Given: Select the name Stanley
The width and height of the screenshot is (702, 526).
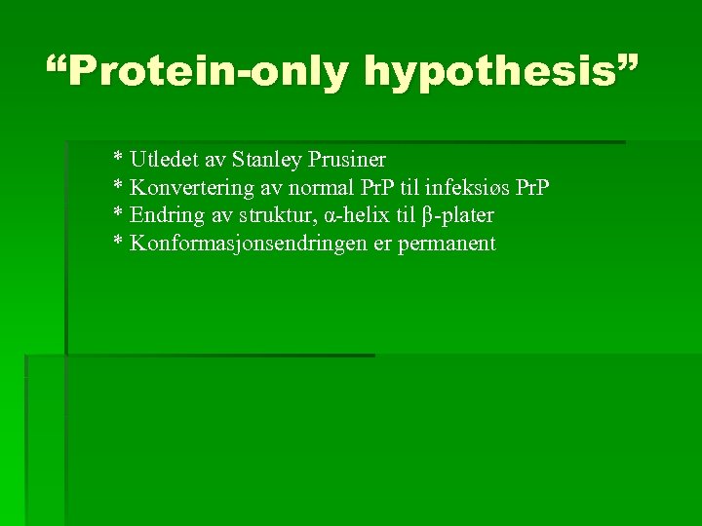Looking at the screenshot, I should [266, 158].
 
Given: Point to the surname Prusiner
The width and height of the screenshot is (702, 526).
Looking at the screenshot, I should [347, 158].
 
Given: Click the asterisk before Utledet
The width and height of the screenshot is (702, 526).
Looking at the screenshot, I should [118, 156].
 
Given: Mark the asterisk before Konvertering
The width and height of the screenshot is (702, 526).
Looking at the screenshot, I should [118, 184].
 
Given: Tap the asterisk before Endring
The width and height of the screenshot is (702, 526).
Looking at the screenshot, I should [118, 212].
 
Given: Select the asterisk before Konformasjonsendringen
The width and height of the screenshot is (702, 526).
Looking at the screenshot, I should [118, 242].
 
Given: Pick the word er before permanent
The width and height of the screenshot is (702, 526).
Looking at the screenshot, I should [381, 244].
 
